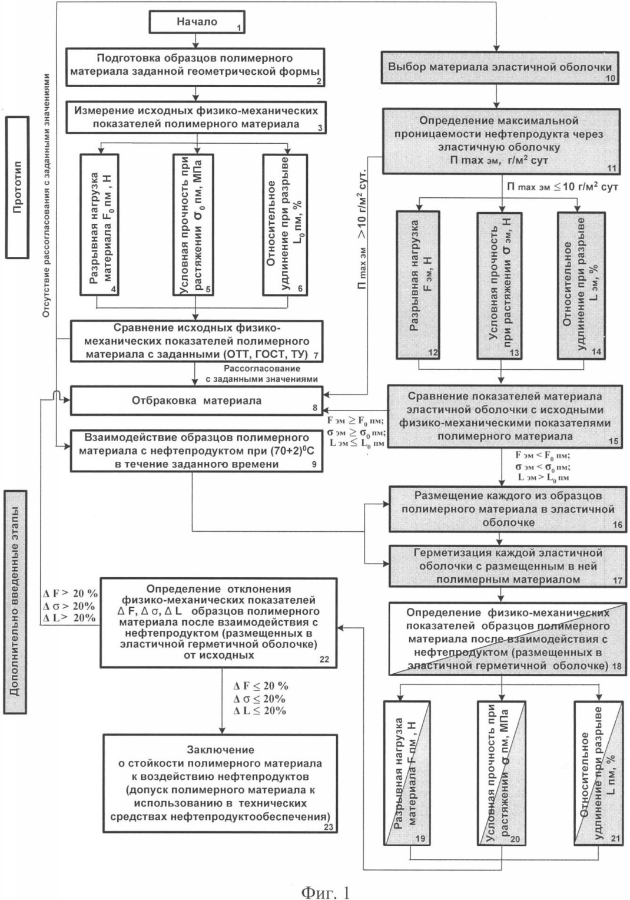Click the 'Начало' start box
(x=196, y=22)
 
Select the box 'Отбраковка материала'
(x=196, y=401)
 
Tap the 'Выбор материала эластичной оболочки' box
(x=499, y=68)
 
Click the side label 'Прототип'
(x=17, y=187)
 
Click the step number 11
(x=611, y=168)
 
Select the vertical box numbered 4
(x=100, y=225)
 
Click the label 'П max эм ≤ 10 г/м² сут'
(x=562, y=187)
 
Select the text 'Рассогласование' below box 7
(x=262, y=369)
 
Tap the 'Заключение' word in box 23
(x=220, y=750)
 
